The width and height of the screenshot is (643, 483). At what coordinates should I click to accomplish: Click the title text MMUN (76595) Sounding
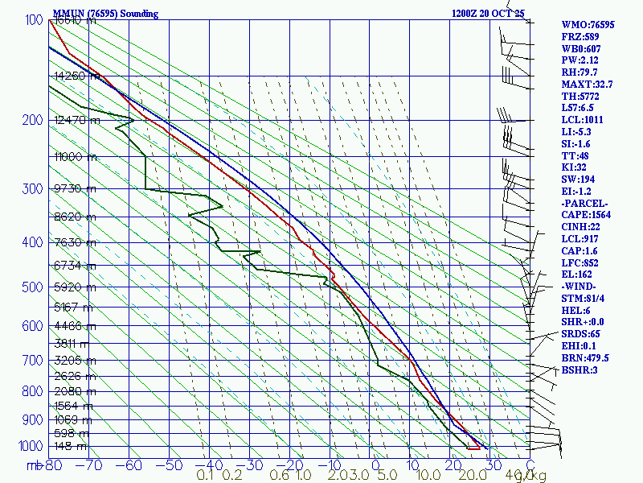pos(105,14)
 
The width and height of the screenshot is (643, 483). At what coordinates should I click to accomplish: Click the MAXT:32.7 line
pos(587,84)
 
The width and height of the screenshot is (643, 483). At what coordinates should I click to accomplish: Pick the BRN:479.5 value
pos(585,357)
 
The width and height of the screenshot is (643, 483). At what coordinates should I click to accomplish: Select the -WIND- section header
pos(580,287)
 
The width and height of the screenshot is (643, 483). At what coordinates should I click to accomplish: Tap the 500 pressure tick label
pos(31,287)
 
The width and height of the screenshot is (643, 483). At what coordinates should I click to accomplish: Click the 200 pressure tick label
pos(31,121)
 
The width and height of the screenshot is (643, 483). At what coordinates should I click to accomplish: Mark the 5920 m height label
pos(74,287)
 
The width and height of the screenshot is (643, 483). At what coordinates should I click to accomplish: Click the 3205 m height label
pos(74,360)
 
